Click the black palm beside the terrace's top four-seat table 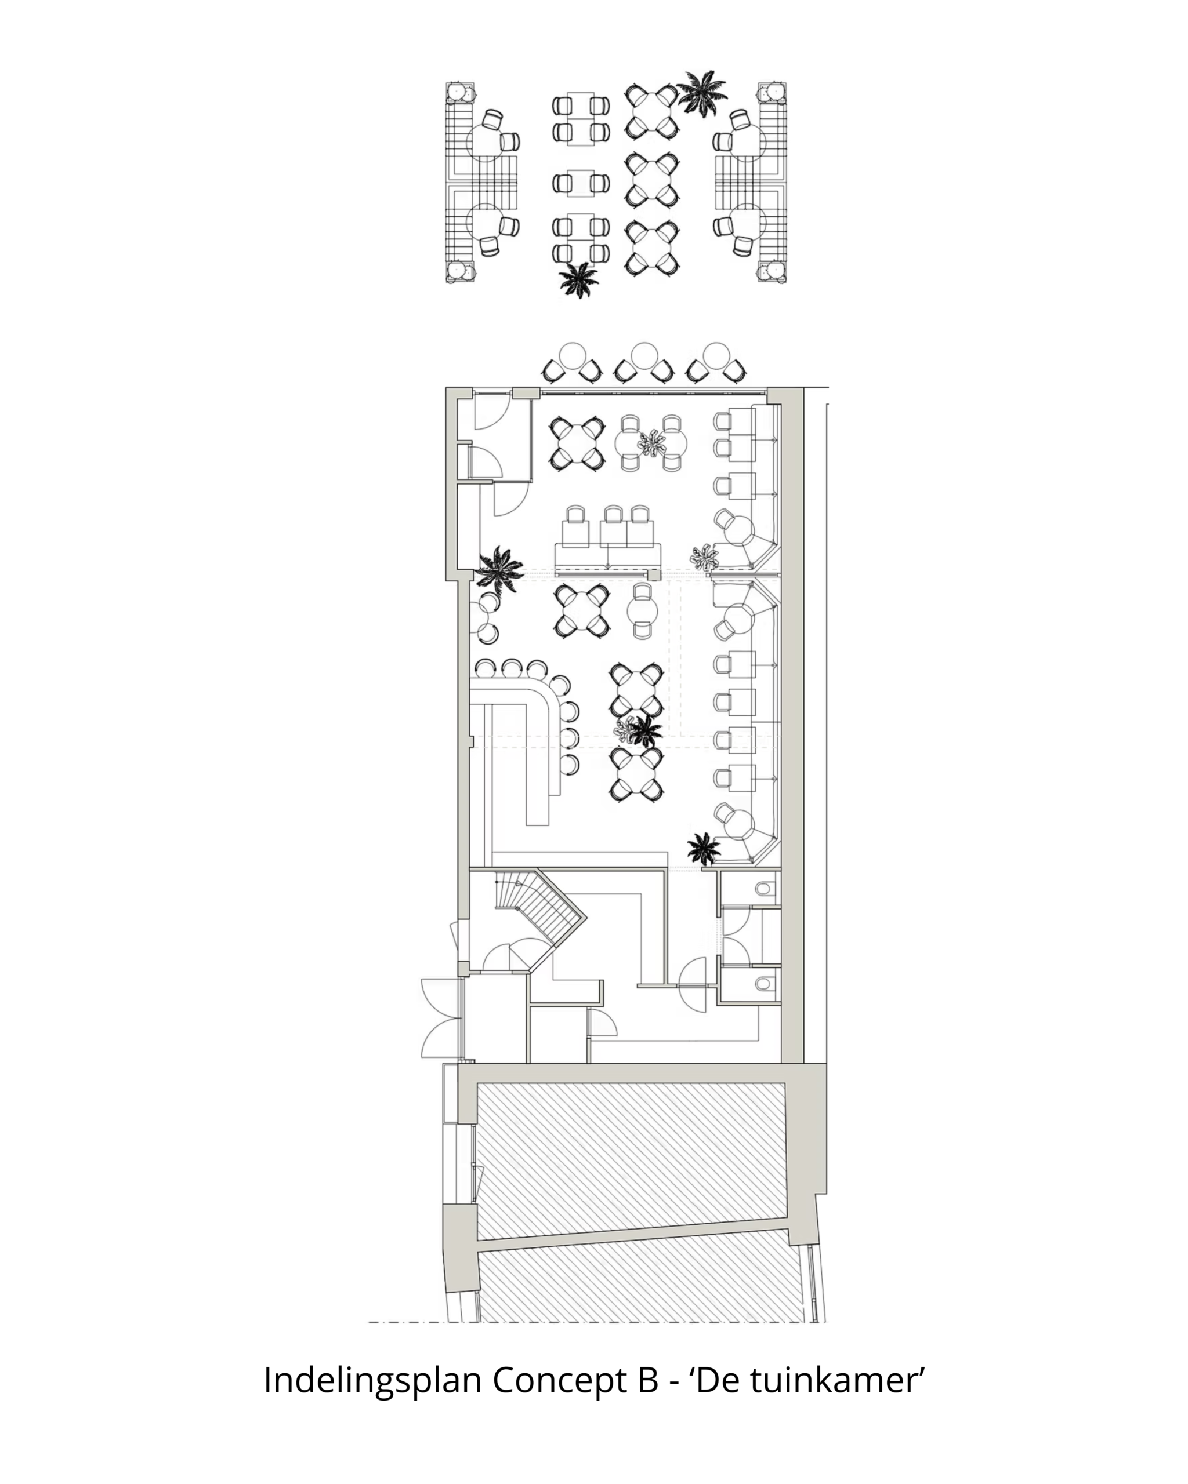pyautogui.click(x=702, y=93)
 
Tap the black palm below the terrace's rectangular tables pyautogui.click(x=578, y=279)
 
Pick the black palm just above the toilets pyautogui.click(x=704, y=849)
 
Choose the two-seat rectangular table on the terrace pyautogui.click(x=581, y=183)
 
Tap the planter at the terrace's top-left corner pyautogui.click(x=461, y=93)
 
